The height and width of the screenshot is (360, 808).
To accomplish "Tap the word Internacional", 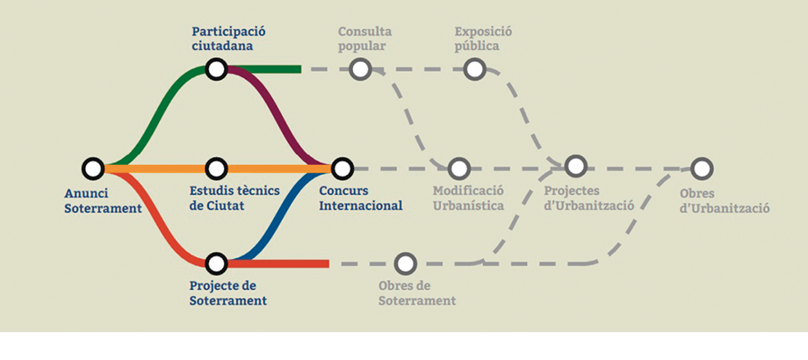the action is (361, 205).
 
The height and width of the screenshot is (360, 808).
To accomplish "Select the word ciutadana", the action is (222, 46).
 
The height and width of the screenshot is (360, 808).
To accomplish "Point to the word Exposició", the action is (483, 32).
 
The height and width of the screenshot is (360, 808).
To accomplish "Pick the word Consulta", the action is (364, 32).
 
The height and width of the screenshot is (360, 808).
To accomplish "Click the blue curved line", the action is (281, 216).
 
